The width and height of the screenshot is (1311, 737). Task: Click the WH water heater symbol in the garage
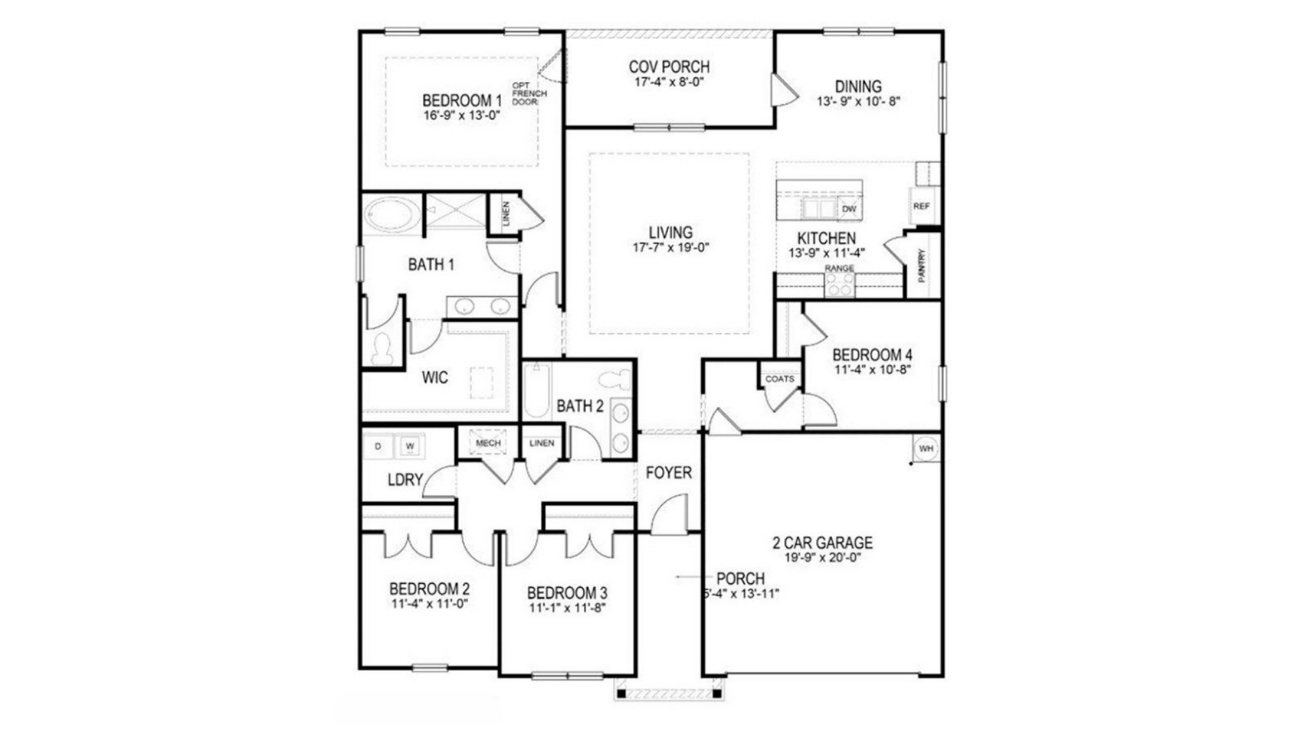click(x=926, y=449)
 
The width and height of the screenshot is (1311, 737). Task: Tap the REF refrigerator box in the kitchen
click(x=921, y=206)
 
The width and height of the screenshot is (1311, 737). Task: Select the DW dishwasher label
click(x=849, y=209)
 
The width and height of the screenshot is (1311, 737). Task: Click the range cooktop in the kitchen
click(x=839, y=284)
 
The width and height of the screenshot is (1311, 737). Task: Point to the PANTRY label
click(x=922, y=265)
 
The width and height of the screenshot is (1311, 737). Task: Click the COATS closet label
click(x=779, y=379)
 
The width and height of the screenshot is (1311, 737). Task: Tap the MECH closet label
click(x=488, y=443)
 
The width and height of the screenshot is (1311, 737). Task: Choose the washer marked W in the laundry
click(x=410, y=446)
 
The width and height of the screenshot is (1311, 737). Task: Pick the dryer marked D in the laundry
click(x=378, y=446)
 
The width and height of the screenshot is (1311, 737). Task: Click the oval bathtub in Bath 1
click(x=392, y=215)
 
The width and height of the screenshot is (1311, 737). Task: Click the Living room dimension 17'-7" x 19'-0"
click(x=671, y=248)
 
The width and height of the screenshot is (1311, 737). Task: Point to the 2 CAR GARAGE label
click(x=822, y=542)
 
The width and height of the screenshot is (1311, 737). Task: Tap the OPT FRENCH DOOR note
click(x=528, y=94)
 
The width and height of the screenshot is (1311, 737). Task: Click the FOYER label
click(x=668, y=472)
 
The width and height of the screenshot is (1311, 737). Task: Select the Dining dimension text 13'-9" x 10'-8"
click(x=858, y=102)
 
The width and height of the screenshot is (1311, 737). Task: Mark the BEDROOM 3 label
click(x=567, y=593)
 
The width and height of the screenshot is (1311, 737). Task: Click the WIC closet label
click(x=435, y=377)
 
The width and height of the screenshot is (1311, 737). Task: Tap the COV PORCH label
click(x=669, y=67)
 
